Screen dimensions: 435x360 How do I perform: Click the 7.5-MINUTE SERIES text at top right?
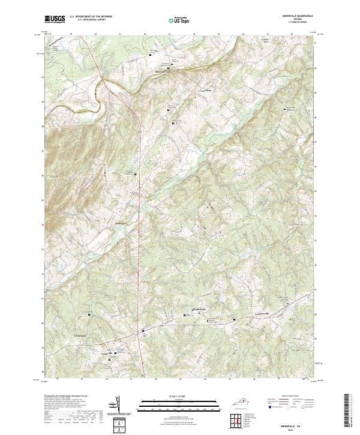304,22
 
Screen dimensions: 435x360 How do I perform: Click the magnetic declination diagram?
118,405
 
